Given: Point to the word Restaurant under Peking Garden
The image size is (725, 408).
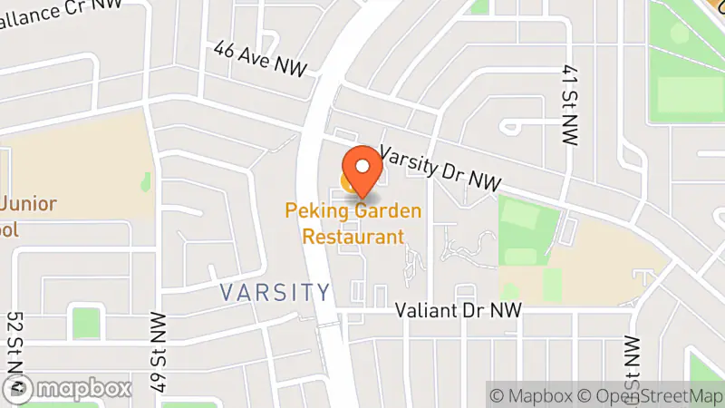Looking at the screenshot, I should (x=353, y=237).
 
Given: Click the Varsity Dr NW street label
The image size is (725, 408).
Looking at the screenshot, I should (x=440, y=169).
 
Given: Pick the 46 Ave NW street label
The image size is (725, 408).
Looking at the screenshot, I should (x=262, y=59).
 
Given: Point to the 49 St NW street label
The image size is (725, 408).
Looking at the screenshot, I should (x=160, y=352).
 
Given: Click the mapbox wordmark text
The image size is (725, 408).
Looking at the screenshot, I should (x=85, y=388).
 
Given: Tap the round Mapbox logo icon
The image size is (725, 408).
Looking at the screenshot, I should (x=21, y=388).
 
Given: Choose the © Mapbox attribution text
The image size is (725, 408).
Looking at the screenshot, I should (x=533, y=395).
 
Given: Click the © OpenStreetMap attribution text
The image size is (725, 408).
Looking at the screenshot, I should (x=649, y=395).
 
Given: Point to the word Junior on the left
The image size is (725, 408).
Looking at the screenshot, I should (x=29, y=204).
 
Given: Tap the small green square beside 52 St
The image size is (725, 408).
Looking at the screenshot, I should (x=84, y=323).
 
